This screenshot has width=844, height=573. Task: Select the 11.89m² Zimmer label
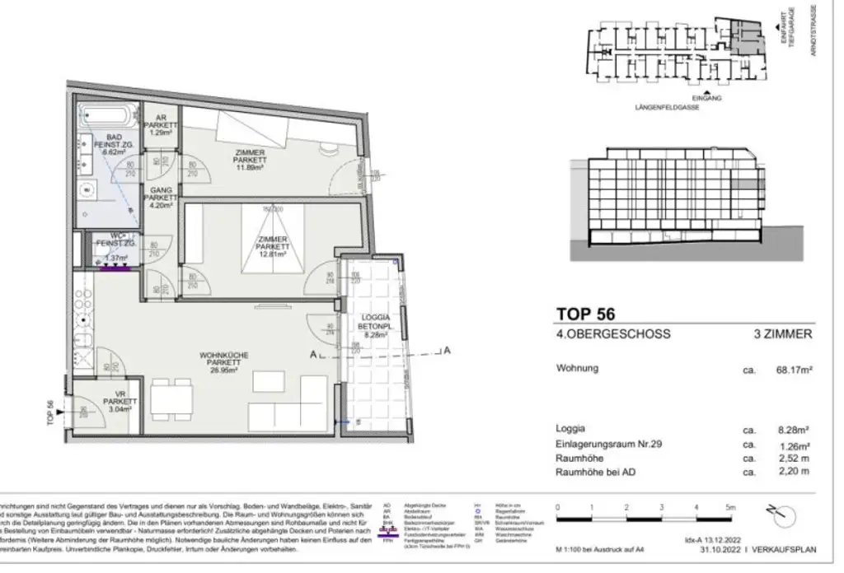[248, 160]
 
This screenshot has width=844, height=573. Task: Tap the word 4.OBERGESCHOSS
[613, 334]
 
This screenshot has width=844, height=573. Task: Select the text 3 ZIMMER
[784, 334]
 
